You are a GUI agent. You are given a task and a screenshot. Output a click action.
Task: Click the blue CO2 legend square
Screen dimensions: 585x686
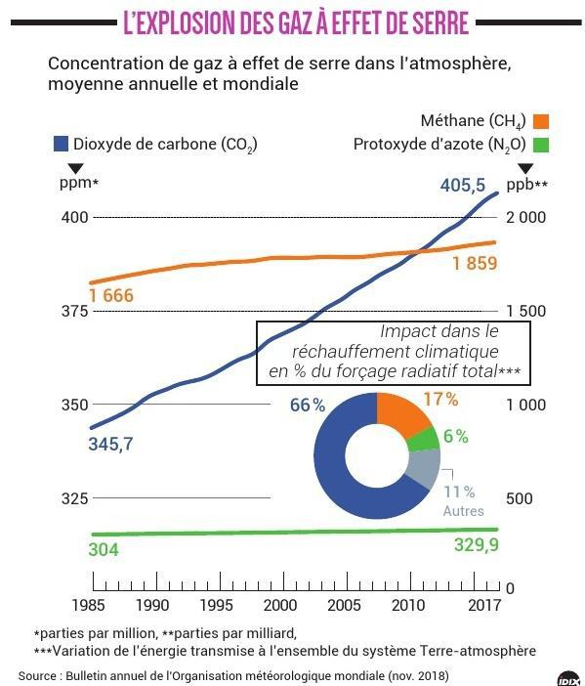61,144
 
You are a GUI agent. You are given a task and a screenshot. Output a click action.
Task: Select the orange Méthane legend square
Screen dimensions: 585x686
541,121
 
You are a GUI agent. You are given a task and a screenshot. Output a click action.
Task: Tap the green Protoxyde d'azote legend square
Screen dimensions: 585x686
541,146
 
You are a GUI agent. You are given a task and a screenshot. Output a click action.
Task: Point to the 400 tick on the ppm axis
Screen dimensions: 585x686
75,217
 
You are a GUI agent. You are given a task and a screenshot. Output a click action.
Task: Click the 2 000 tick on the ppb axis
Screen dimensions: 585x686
526,217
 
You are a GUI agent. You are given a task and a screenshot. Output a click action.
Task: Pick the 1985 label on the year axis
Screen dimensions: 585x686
88,605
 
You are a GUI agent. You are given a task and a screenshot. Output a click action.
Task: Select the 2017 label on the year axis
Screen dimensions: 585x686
484,605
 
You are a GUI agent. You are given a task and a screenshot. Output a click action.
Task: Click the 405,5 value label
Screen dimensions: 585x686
463,185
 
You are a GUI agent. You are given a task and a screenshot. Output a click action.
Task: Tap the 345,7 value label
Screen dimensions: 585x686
110,444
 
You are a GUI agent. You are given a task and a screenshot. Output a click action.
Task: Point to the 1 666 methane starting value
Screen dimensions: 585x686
111,295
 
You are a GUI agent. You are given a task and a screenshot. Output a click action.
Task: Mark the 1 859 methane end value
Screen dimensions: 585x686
475,264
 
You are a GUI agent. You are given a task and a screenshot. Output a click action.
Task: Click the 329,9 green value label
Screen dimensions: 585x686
477,545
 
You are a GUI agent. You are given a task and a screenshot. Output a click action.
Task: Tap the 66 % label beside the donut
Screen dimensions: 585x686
308,406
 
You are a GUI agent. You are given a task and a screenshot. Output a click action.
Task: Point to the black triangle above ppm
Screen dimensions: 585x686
75,169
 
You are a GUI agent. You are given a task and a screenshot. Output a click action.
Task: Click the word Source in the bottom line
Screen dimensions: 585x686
37,676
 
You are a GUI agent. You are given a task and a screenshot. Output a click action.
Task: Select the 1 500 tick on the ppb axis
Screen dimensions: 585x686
526,311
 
